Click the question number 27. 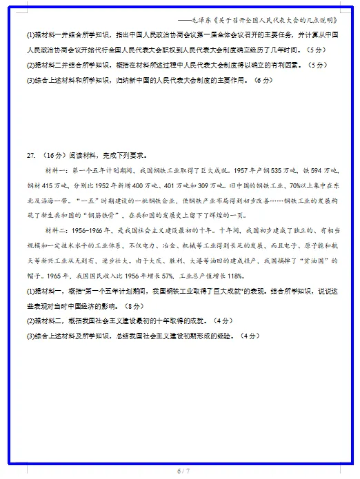coord(30,154)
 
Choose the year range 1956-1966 coord(88,230)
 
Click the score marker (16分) coord(52,154)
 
